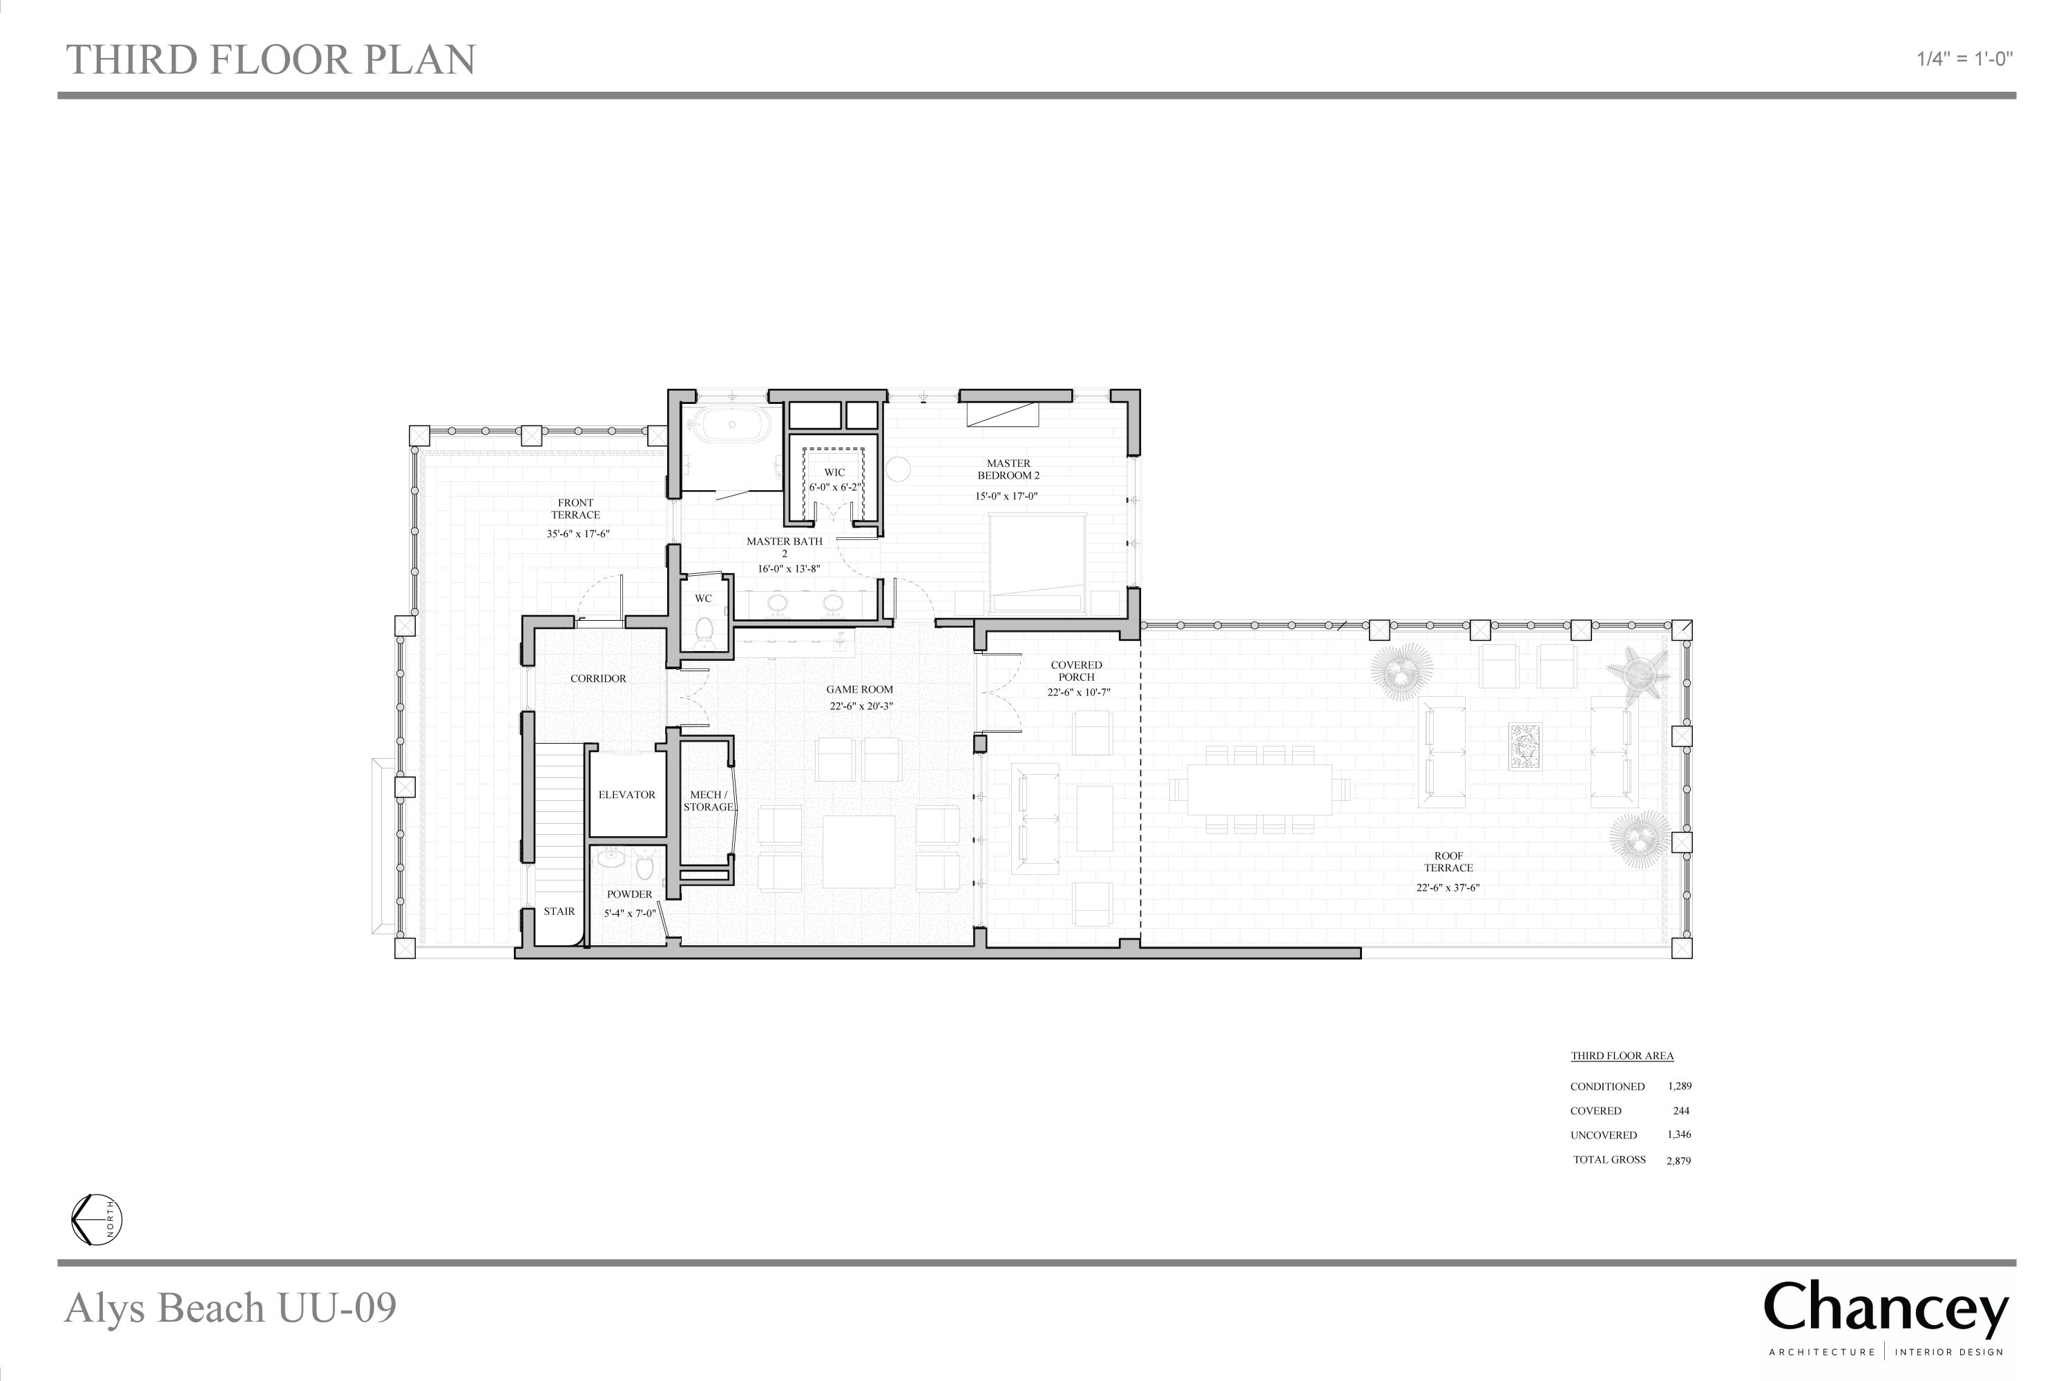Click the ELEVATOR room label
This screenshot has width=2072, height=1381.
[626, 795]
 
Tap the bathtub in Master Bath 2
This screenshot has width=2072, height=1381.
[733, 426]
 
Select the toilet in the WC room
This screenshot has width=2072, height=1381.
[704, 630]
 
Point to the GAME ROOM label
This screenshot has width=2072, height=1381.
[860, 690]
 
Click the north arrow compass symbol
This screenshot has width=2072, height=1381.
[97, 1220]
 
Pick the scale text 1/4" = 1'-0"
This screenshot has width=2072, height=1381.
[1964, 59]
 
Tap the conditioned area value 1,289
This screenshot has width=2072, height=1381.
[1679, 1086]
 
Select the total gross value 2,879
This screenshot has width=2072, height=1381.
[1678, 1160]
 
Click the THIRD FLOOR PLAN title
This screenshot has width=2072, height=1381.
[271, 60]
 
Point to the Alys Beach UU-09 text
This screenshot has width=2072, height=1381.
[231, 1307]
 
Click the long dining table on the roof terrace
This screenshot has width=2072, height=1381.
[1260, 789]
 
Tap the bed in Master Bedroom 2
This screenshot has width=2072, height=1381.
[1037, 563]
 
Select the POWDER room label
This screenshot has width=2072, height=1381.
[629, 894]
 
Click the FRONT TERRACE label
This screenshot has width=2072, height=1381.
[575, 509]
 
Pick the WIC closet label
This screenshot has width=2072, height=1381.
[834, 472]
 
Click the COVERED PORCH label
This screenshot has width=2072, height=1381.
[1077, 671]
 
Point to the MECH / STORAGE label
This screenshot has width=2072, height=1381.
[709, 800]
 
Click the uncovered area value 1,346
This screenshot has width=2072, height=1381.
[1679, 1134]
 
